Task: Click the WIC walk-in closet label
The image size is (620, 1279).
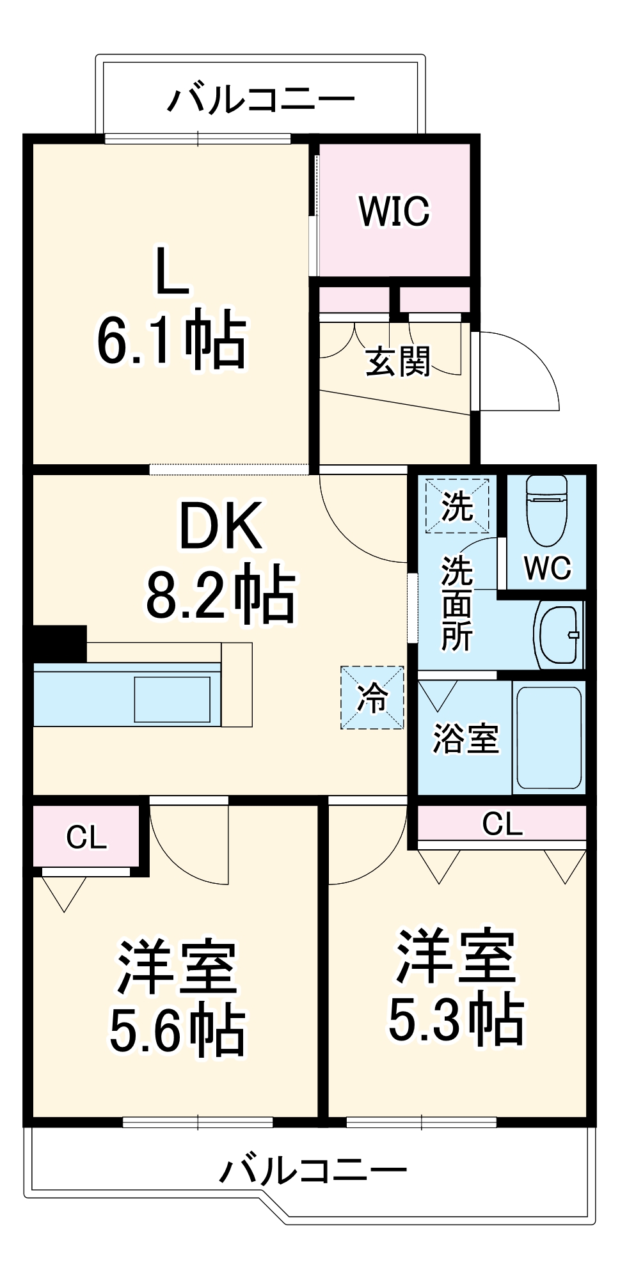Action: [394, 211]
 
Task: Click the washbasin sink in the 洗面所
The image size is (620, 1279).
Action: [558, 635]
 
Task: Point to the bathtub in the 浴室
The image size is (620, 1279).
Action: [548, 737]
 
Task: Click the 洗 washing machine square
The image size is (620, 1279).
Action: [457, 506]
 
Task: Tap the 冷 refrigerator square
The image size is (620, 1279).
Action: [372, 698]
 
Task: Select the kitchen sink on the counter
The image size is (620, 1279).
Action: [172, 700]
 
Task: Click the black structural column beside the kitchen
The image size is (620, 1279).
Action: [59, 643]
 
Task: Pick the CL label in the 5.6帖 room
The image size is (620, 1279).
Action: [86, 837]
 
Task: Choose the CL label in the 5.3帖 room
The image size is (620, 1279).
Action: [502, 824]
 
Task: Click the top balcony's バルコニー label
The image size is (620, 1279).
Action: [261, 100]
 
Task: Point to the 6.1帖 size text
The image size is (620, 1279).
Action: [171, 340]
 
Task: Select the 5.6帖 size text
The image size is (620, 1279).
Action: [177, 1031]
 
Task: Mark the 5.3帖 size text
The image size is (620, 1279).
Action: [456, 1019]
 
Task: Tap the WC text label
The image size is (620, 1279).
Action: [547, 568]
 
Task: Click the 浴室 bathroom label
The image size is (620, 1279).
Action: [465, 739]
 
